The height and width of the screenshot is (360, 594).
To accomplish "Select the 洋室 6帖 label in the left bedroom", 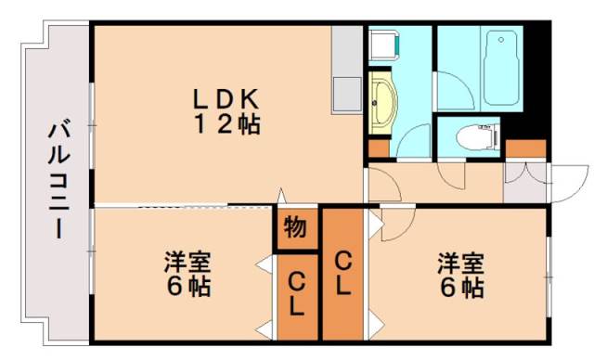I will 188,273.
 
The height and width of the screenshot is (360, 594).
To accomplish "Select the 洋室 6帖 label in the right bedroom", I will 460,275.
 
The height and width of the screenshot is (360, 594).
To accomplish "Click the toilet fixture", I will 474,137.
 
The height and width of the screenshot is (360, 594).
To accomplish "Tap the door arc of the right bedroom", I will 396,222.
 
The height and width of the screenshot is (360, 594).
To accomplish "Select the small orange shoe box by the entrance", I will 526,148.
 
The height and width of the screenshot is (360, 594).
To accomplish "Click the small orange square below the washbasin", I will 378,147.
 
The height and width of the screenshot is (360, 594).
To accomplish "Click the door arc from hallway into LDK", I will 384,184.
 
